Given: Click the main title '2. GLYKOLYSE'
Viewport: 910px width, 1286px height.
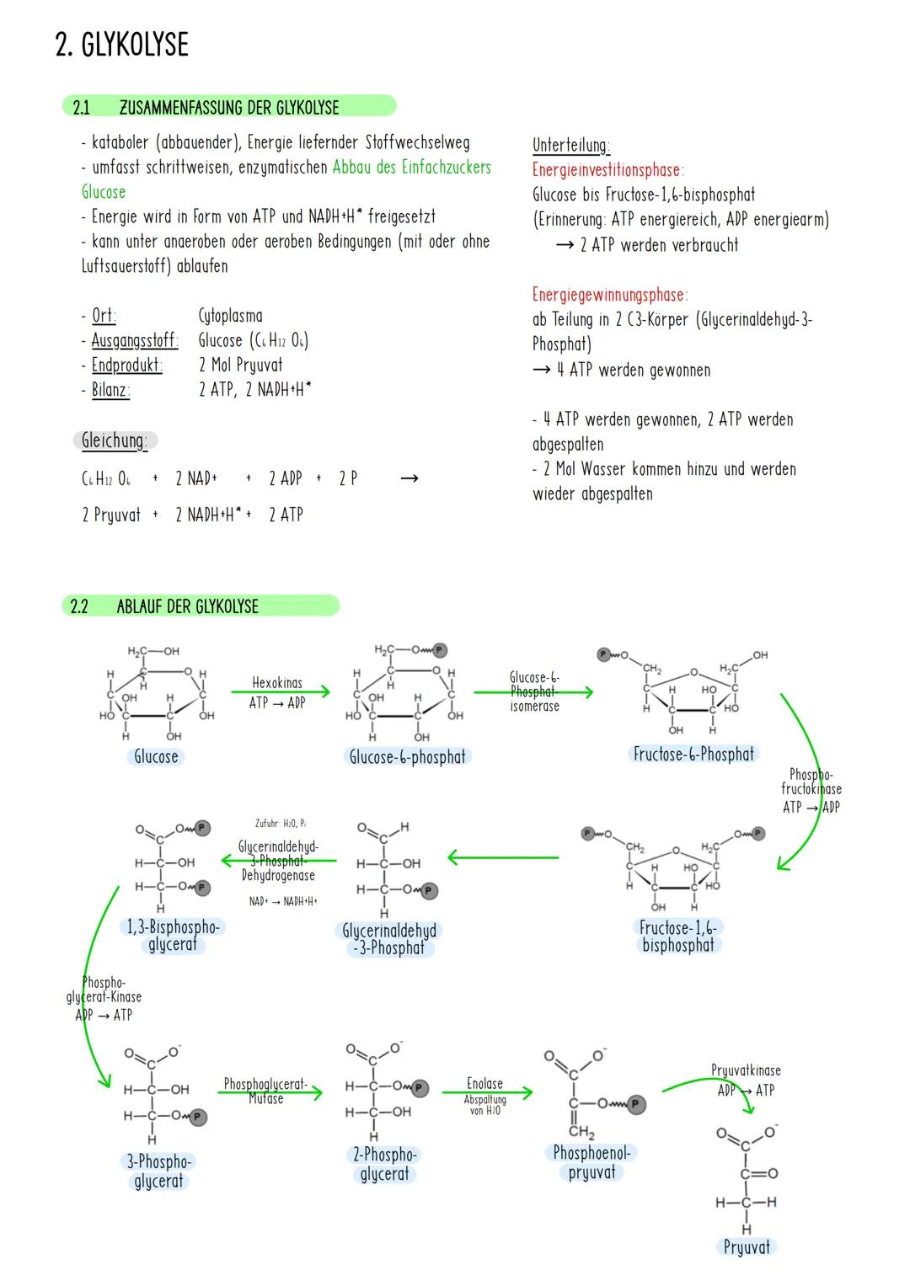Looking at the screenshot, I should (121, 45).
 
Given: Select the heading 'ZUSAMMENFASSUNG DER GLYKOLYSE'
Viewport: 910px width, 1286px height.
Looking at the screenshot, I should (228, 107).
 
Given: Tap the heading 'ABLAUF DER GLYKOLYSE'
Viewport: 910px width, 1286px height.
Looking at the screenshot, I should (187, 606).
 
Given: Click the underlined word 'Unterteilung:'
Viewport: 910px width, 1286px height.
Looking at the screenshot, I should (570, 145).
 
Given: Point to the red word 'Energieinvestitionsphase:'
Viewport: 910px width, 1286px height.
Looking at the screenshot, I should (607, 170).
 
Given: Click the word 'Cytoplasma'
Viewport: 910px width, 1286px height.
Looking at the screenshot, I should (230, 316).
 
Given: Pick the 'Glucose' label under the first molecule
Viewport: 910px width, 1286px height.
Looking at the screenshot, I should (156, 756).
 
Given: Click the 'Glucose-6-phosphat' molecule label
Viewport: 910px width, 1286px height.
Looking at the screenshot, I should (407, 757).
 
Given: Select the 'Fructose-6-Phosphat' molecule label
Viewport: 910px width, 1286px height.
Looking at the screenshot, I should (693, 754).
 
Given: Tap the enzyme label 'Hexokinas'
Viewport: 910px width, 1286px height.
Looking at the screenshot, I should (277, 683).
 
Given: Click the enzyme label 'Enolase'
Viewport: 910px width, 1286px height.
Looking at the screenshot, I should (484, 1083).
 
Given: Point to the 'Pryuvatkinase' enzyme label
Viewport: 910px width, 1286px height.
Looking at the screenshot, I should (746, 1070).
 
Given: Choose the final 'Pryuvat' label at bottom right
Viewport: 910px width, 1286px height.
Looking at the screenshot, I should (747, 1247).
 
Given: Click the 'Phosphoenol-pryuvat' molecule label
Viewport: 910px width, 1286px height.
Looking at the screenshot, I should (591, 1162).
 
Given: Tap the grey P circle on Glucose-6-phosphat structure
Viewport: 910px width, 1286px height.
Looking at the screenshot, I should (439, 650).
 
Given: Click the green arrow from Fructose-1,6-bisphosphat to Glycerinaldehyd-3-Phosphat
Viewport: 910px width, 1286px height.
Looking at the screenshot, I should (503, 858).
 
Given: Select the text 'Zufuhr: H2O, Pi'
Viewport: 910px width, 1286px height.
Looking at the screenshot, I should (280, 823).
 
